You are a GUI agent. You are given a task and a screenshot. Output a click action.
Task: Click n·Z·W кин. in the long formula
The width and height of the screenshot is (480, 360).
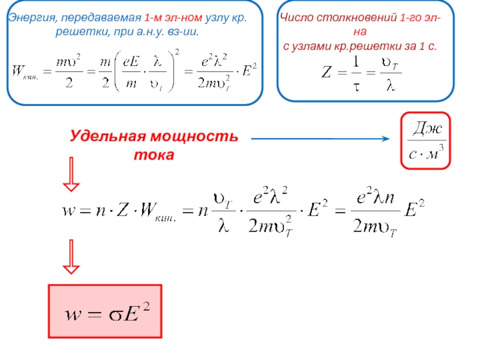(x=130, y=211)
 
